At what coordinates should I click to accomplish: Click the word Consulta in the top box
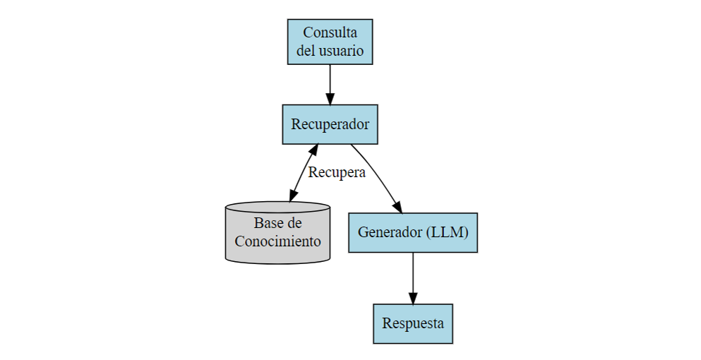coord(330,32)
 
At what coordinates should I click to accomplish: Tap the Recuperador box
coord(330,124)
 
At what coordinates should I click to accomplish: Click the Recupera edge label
coord(337,172)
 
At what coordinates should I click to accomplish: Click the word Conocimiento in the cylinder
coord(277,241)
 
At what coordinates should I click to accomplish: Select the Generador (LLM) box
coord(412,232)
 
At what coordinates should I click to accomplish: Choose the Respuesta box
coord(412,324)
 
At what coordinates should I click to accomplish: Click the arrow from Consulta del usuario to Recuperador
coord(330,81)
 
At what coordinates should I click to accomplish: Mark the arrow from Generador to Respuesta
coord(412,275)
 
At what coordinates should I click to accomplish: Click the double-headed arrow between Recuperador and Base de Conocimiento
coord(303,174)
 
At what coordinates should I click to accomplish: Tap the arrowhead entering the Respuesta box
coord(412,297)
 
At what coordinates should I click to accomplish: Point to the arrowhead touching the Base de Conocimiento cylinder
coord(293,195)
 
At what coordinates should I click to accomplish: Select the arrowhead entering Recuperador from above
coord(330,98)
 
